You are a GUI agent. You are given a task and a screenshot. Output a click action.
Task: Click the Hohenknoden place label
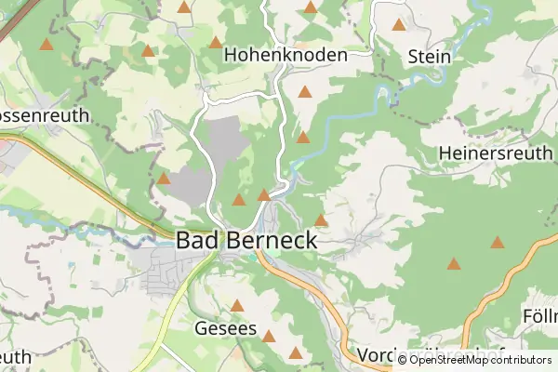286,55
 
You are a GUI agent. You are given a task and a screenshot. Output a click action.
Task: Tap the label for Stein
430,57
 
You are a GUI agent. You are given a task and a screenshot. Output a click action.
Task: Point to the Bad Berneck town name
246,240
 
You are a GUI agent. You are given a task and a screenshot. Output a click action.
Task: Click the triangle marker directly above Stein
399,25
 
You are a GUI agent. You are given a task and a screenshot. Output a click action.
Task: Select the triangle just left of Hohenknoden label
216,42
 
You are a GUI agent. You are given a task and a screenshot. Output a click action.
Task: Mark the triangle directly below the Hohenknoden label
305,92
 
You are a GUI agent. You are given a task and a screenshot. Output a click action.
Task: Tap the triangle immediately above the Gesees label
237,305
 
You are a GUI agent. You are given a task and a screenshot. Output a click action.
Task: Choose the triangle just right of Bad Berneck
321,220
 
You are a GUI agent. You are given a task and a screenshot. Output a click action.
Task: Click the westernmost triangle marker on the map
46,44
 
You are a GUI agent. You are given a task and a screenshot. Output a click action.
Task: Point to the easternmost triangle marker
498,243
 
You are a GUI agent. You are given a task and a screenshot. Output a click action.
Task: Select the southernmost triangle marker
296,352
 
